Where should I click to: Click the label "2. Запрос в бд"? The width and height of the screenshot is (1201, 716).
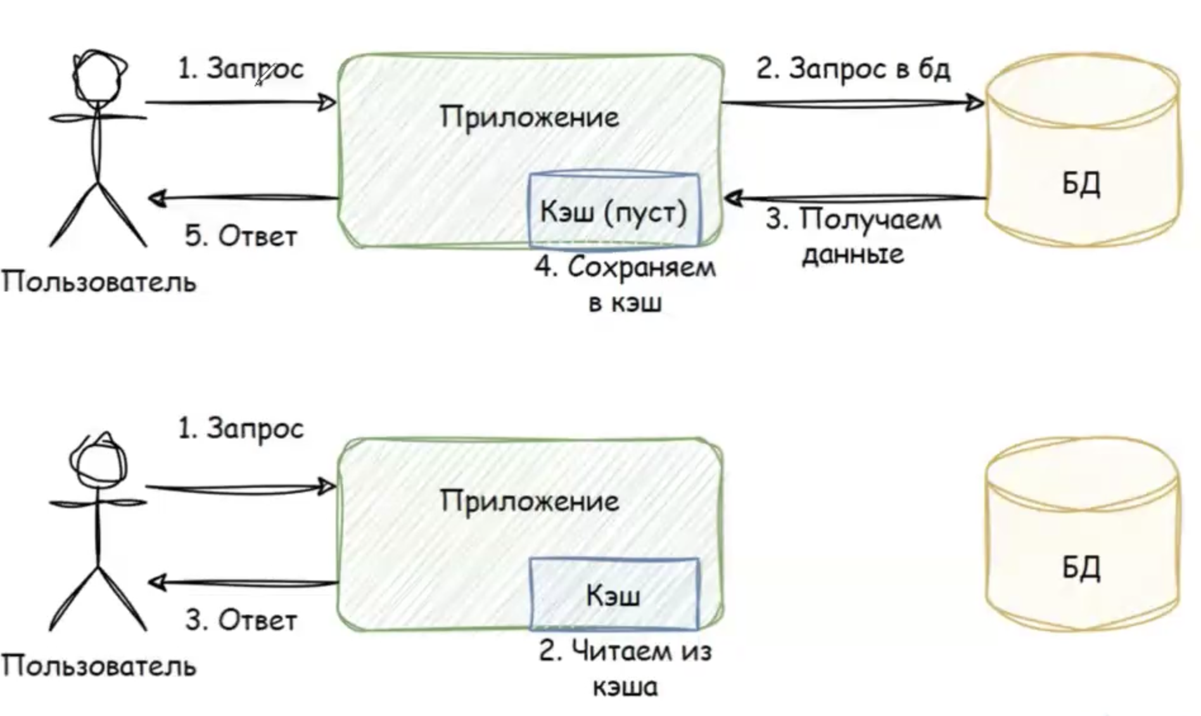click(x=853, y=68)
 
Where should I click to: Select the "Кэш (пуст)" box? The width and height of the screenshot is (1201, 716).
click(x=613, y=210)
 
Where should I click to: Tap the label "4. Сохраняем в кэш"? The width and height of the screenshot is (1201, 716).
click(x=625, y=284)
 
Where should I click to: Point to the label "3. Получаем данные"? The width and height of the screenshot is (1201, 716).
click(x=853, y=236)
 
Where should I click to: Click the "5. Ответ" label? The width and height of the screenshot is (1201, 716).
click(x=241, y=236)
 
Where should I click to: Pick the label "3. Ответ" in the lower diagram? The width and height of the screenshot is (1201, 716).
click(x=241, y=620)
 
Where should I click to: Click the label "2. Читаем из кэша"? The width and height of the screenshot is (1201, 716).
click(x=625, y=668)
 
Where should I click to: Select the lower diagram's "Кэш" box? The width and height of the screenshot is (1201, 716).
click(x=613, y=594)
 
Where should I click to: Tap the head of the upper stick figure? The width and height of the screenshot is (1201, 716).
click(x=99, y=75)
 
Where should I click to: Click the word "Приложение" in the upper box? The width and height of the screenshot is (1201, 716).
click(x=530, y=117)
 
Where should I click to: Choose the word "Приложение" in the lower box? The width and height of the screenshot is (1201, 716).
click(x=530, y=501)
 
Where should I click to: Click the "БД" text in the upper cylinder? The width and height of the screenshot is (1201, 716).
click(x=1081, y=184)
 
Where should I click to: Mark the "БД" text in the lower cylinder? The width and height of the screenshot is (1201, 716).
click(x=1081, y=568)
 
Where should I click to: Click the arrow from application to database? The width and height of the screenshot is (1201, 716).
click(x=852, y=103)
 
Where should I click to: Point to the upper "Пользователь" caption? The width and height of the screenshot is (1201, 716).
click(x=99, y=281)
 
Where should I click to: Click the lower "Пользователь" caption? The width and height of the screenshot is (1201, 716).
click(x=99, y=665)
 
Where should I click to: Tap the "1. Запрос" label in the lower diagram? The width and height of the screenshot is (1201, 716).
click(x=241, y=429)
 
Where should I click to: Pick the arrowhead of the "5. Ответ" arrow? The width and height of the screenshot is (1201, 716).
click(x=157, y=199)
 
